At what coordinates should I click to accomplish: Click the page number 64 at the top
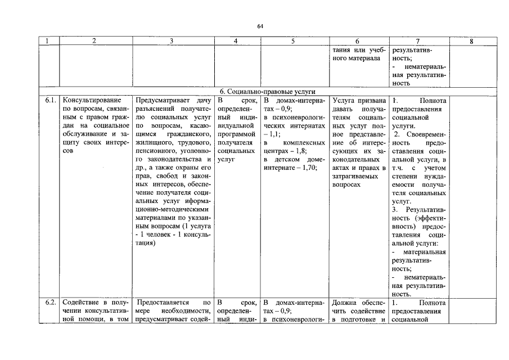click(260, 26)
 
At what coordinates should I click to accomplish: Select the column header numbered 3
click(172, 41)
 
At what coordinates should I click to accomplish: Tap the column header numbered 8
click(471, 41)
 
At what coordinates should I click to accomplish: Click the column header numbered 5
click(293, 41)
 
